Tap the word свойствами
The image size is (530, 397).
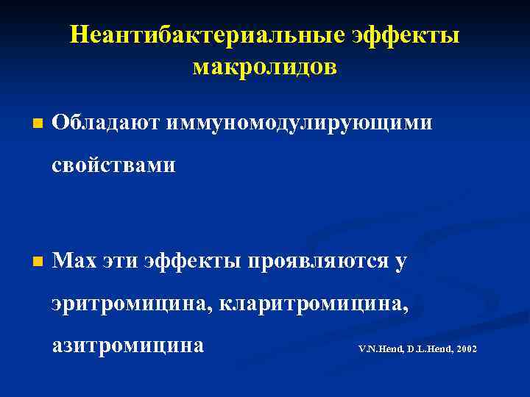tap(114, 165)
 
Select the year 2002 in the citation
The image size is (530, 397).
tap(467, 348)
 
